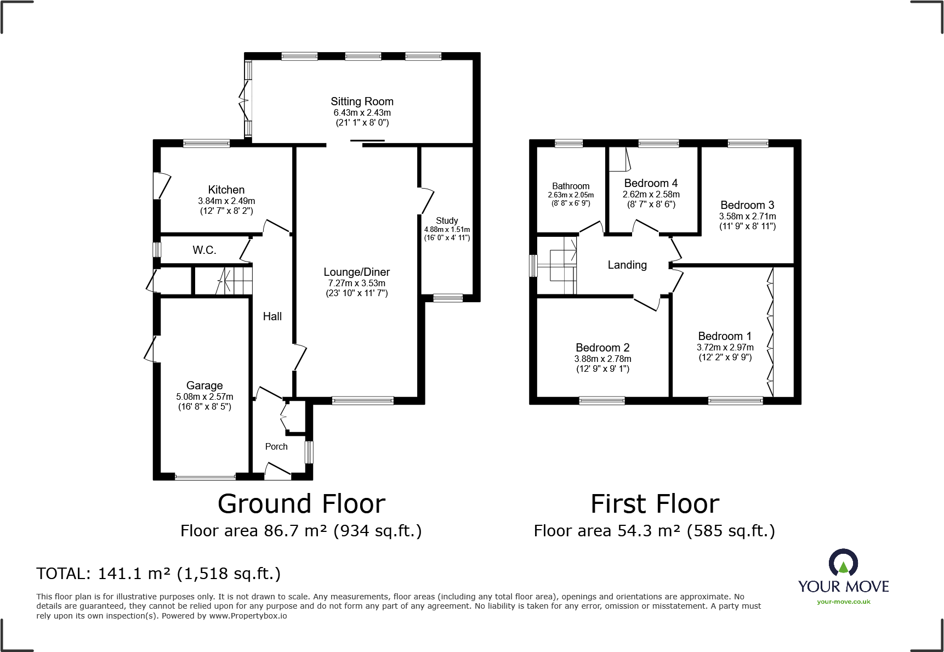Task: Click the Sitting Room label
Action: pos(362,101)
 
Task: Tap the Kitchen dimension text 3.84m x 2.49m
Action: pos(226,201)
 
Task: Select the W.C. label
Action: pos(204,250)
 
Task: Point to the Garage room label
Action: pos(204,385)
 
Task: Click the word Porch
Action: pos(276,446)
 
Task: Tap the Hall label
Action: pos(272,316)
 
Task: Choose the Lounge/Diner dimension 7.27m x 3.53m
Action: pos(357,284)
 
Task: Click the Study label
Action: pos(447,220)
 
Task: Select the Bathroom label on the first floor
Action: pos(571,186)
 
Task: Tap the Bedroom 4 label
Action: pos(651,183)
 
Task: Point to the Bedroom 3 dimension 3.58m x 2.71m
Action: pos(747,217)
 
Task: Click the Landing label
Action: pos(627,265)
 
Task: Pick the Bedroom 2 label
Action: pos(602,348)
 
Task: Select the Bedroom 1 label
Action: pos(725,336)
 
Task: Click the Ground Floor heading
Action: pos(302,504)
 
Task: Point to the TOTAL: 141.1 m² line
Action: pos(158,574)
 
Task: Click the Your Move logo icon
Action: pos(843,564)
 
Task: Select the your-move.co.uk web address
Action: pos(843,602)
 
